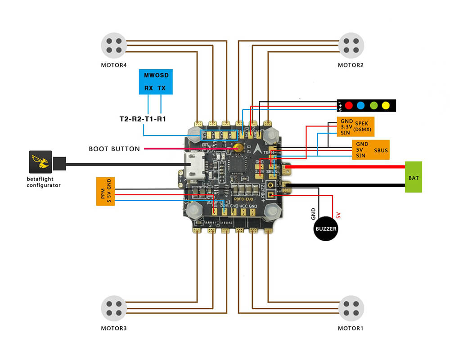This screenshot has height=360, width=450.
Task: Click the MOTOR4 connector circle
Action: coord(114,45)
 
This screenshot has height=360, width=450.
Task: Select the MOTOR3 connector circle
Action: coord(114,308)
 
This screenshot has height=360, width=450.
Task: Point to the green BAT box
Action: coord(414,177)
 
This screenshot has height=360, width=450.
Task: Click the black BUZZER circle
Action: coord(326,229)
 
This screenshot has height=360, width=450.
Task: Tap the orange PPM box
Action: coord(105,191)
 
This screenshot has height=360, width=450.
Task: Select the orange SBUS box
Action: coord(370,149)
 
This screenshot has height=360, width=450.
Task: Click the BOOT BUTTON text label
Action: coord(114,148)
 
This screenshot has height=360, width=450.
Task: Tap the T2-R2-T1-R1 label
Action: coord(143,119)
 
